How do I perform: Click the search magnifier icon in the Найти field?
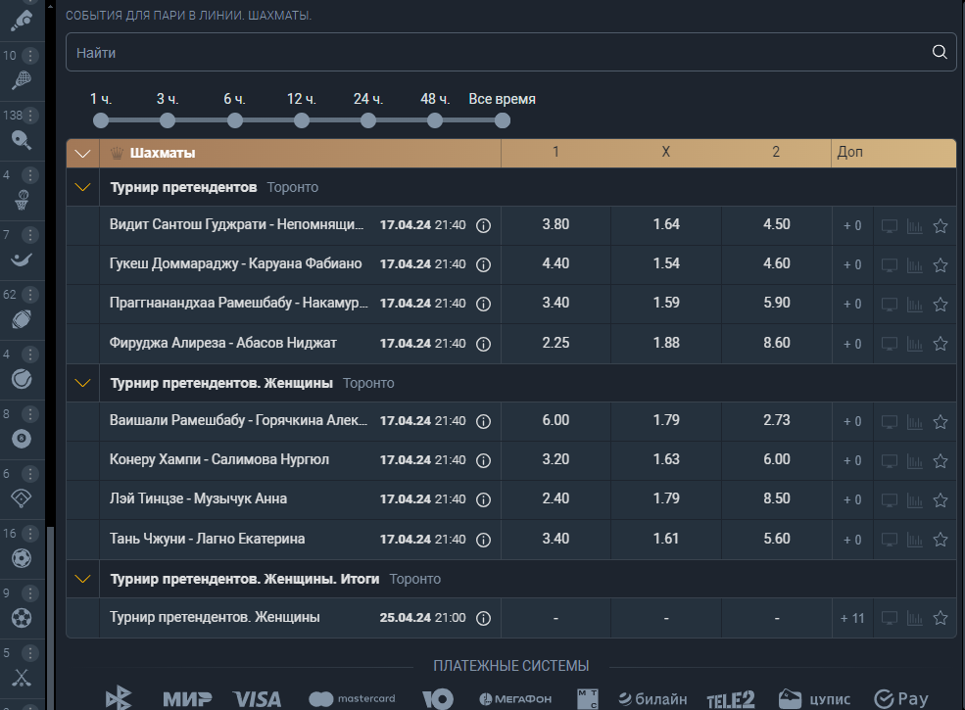click(940, 52)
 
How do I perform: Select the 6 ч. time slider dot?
click(234, 120)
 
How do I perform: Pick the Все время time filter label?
click(503, 99)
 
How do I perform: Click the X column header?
click(666, 152)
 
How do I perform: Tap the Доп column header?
click(850, 152)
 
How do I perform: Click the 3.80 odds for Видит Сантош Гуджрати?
click(555, 224)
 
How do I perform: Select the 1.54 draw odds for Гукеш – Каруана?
click(666, 263)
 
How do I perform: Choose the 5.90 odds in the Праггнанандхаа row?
click(777, 303)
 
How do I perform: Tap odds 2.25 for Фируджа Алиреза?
click(555, 343)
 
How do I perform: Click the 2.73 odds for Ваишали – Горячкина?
click(777, 420)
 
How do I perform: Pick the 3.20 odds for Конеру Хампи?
click(555, 459)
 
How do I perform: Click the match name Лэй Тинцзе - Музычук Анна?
click(198, 499)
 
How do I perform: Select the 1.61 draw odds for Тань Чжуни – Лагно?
click(666, 539)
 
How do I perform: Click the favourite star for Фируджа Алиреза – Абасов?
click(941, 344)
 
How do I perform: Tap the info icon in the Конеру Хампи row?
click(484, 460)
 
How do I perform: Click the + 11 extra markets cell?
click(852, 618)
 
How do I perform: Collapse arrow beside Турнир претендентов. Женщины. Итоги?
click(82, 579)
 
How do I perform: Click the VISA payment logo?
click(258, 699)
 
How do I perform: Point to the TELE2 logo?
click(731, 699)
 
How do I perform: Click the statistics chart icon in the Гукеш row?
click(915, 265)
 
